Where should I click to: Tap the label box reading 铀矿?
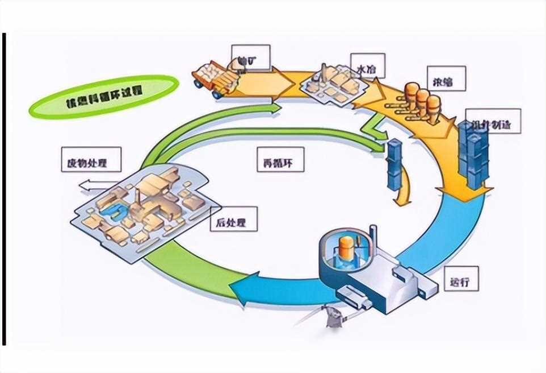(250, 59)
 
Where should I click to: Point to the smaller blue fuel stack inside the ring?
(394, 165)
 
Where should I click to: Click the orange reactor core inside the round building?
(346, 247)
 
